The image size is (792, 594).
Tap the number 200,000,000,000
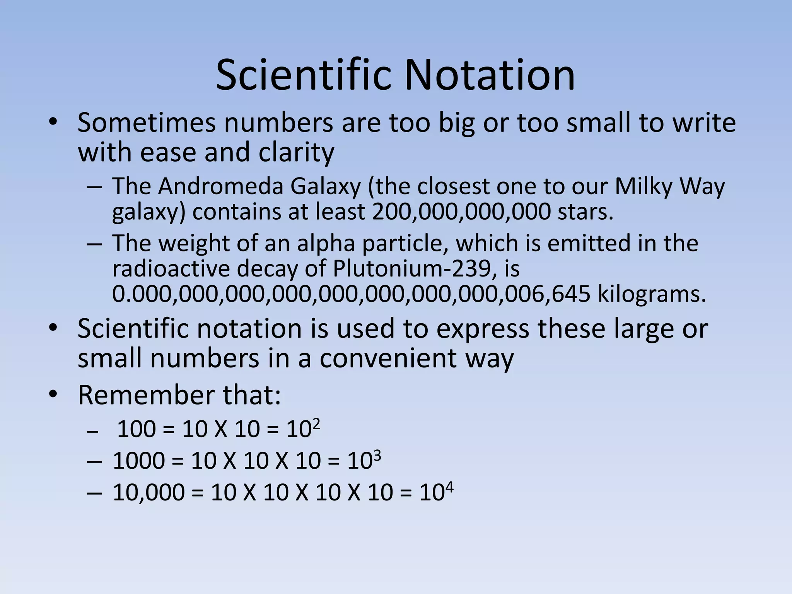coord(461,212)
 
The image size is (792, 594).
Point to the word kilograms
coord(652,294)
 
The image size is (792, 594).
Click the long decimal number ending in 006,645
coord(351,294)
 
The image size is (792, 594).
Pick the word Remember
coord(147,395)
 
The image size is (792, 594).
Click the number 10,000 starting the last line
coord(148,493)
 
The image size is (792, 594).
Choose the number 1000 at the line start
coord(138,461)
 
